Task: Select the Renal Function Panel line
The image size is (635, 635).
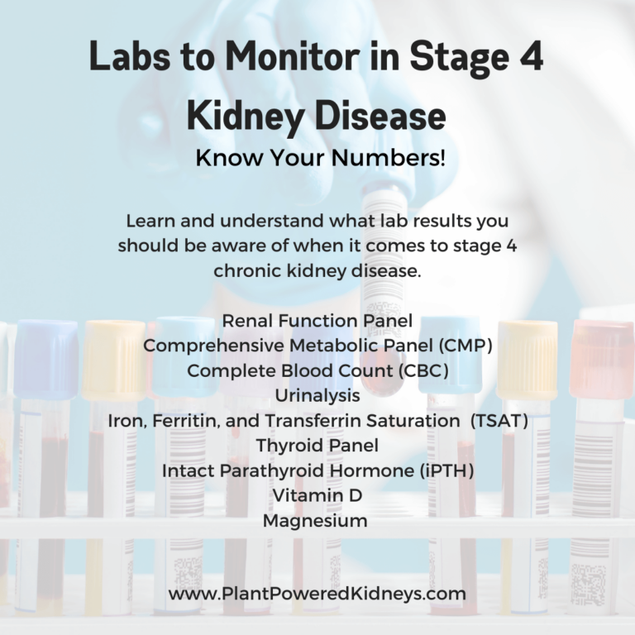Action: pyautogui.click(x=317, y=321)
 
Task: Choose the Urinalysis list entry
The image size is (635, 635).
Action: pyautogui.click(x=317, y=396)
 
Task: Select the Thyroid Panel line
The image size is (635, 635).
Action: pyautogui.click(x=317, y=446)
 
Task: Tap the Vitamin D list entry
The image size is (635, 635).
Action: pyautogui.click(x=317, y=496)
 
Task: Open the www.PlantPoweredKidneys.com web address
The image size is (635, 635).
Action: pyautogui.click(x=317, y=594)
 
